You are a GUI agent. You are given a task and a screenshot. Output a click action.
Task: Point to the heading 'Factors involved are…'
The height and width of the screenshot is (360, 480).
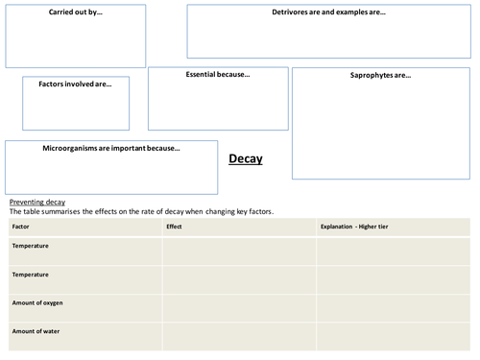[x=75, y=84]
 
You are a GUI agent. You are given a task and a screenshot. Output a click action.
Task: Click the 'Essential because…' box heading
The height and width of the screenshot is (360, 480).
[x=218, y=75]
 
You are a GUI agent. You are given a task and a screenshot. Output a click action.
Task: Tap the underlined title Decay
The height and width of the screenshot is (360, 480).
[x=245, y=159]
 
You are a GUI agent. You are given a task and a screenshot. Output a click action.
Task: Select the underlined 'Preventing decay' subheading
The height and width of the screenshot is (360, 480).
[x=37, y=202]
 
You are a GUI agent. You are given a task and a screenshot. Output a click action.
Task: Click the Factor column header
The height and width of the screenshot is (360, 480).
[x=21, y=227]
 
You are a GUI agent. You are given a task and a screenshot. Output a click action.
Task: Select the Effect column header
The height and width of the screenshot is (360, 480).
[x=174, y=227]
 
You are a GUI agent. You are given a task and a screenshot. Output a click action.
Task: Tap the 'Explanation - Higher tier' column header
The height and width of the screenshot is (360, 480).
[x=354, y=227]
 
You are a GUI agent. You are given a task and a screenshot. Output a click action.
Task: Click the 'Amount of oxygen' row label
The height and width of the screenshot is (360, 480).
[x=37, y=302]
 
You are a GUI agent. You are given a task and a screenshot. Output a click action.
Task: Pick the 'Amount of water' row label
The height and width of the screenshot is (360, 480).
[x=35, y=331]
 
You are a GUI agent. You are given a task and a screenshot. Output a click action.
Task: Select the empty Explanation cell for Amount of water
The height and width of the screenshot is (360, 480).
[x=394, y=336]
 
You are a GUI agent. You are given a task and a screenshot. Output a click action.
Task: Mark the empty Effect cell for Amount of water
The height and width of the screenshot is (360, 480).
[x=239, y=336]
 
